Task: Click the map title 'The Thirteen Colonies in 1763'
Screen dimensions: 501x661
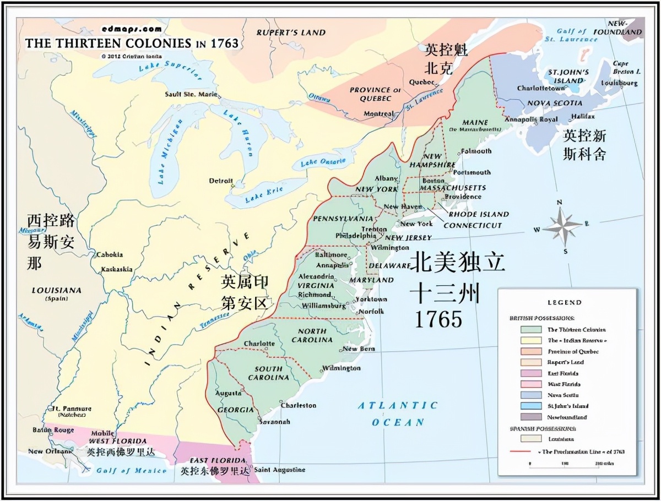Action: point(132,43)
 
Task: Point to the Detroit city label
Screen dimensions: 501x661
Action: point(221,181)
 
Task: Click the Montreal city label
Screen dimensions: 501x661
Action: point(378,114)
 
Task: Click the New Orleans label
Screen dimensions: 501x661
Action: point(50,451)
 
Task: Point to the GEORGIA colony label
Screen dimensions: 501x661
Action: point(235,410)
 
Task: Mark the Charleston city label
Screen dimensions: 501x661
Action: point(299,405)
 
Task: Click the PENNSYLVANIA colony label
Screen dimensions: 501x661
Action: point(343,219)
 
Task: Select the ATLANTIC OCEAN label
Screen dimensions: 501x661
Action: point(398,413)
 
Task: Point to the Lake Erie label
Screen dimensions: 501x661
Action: point(264,193)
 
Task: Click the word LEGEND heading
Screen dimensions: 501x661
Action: point(565,302)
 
